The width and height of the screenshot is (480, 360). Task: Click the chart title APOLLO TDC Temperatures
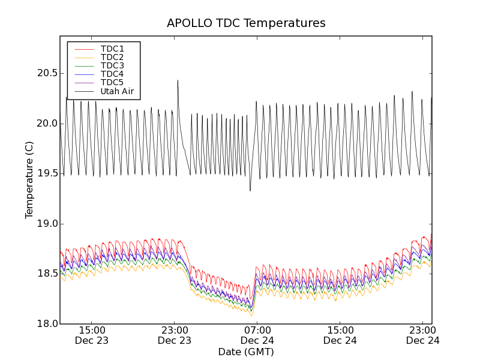246,23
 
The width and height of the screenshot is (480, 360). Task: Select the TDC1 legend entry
112,49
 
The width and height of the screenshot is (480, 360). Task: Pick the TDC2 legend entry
112,57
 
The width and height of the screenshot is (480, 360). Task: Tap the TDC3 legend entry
112,65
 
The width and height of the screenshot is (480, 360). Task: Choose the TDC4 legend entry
112,74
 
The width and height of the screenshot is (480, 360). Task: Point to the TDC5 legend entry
112,82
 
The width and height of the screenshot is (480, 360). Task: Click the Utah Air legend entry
117,91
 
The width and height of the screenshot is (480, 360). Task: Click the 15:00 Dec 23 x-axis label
92,335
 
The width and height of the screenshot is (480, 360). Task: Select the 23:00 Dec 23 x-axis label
175,335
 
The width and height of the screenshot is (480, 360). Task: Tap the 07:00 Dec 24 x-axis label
257,335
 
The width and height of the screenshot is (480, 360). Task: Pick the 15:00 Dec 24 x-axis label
340,335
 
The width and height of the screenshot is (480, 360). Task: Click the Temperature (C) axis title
29,180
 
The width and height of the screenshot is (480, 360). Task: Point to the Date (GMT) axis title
246,352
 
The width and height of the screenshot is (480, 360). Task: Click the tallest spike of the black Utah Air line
178,80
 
